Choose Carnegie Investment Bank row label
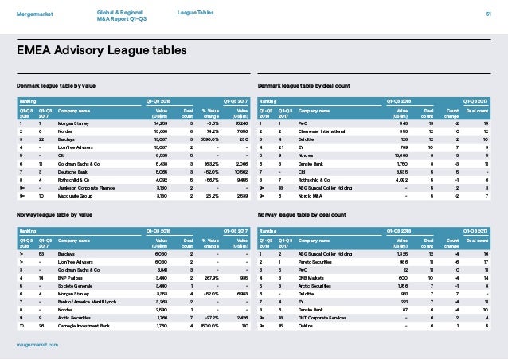[x=84, y=324]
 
